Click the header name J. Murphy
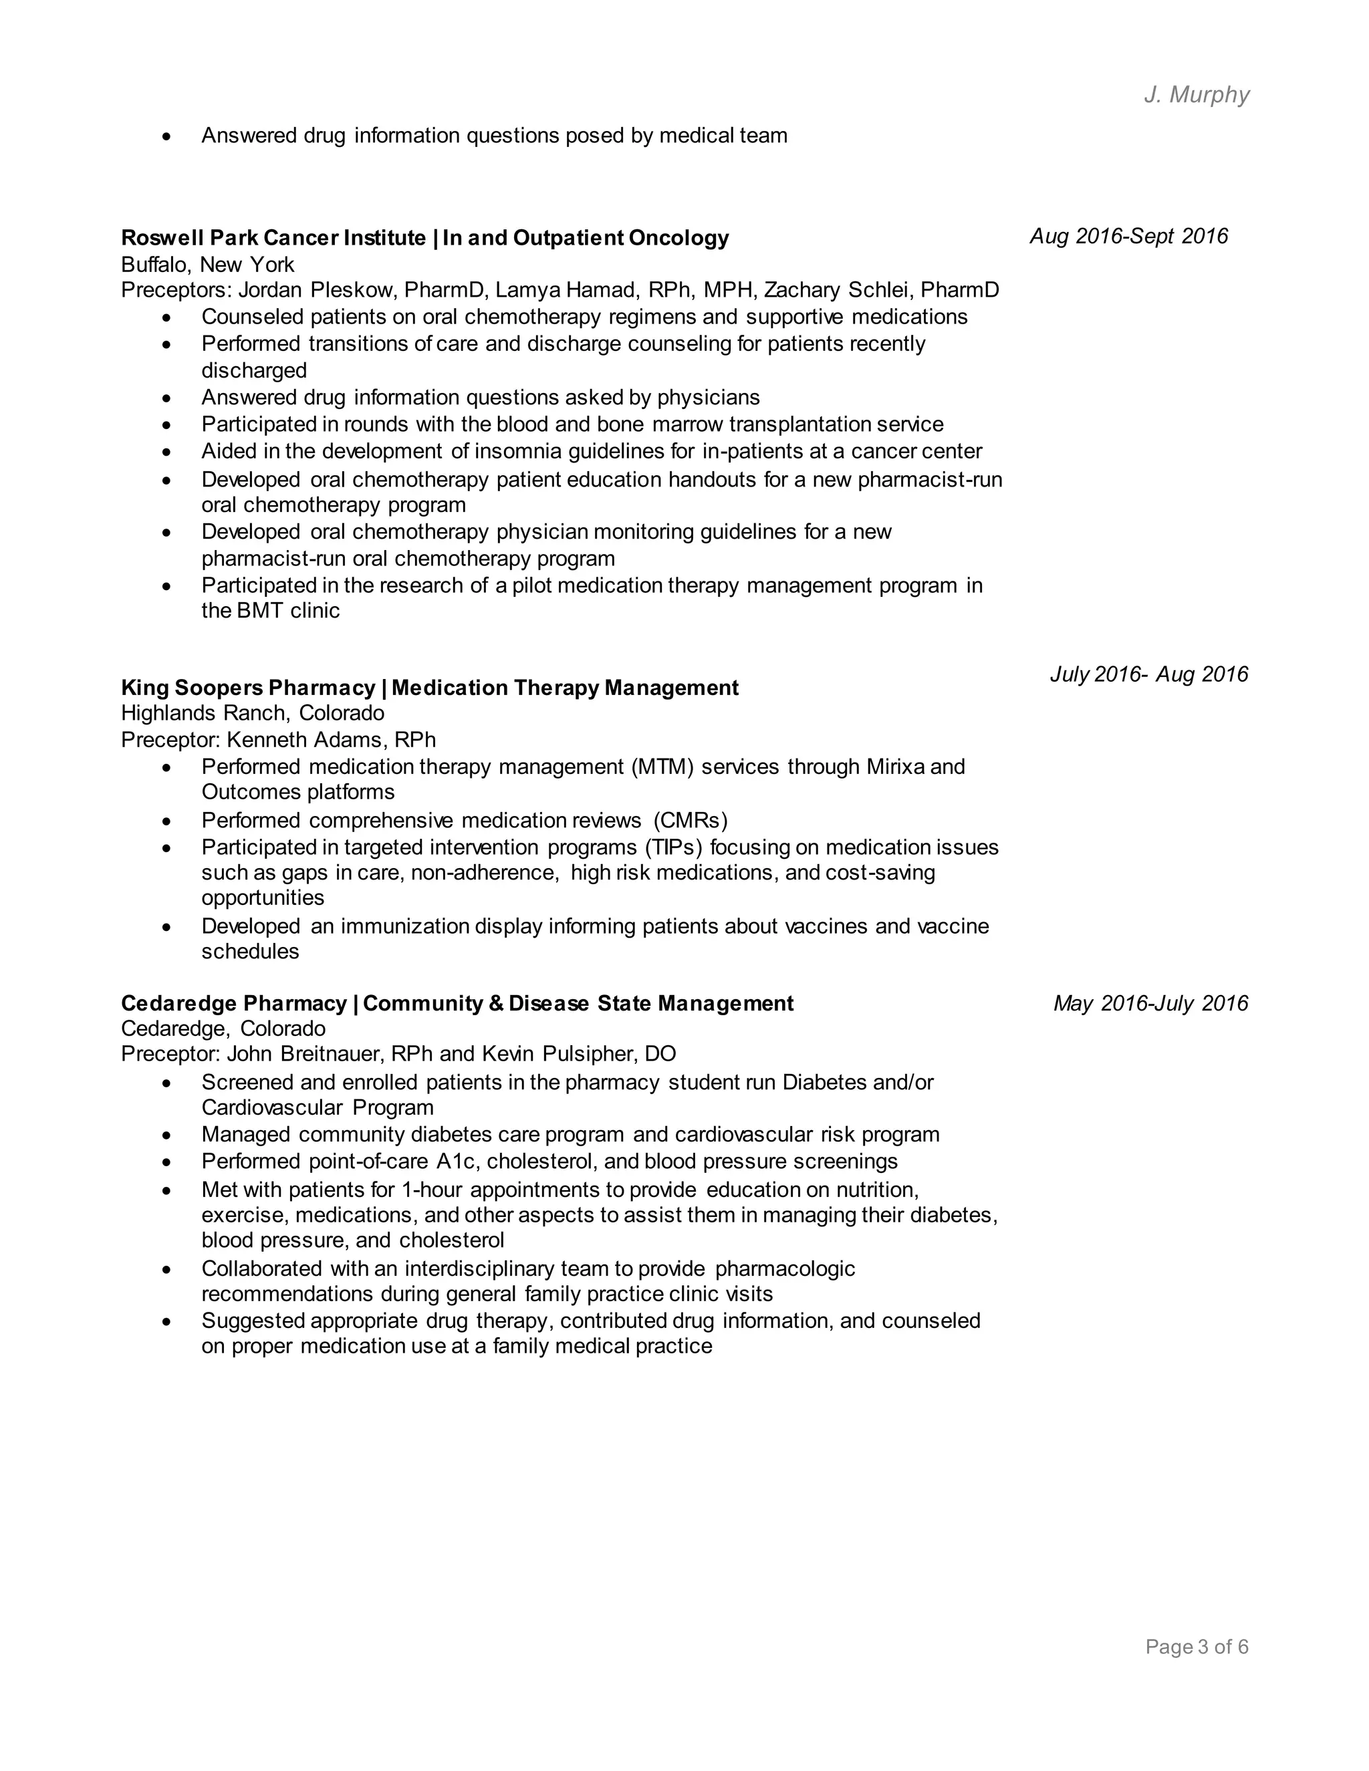click(x=1197, y=95)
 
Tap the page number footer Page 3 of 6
click(x=1197, y=1647)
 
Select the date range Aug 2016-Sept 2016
click(x=1128, y=236)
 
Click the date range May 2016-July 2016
click(x=1150, y=1003)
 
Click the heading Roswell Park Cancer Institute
click(x=273, y=238)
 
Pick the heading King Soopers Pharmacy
click(x=248, y=688)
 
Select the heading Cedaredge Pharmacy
click(x=233, y=1003)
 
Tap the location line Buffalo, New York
click(x=208, y=265)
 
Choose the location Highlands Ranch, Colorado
click(x=252, y=713)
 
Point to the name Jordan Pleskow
click(x=314, y=289)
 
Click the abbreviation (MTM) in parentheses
click(x=662, y=767)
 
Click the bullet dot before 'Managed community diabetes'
click(x=167, y=1135)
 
